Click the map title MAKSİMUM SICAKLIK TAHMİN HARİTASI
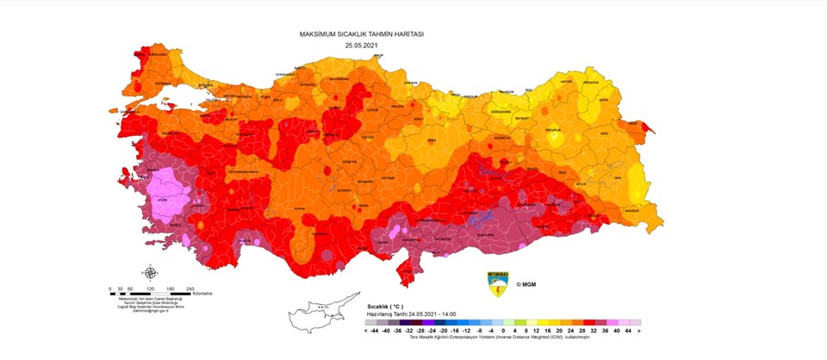362,34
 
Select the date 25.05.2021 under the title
362,44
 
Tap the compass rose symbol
151,275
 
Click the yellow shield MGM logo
498,284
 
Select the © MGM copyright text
526,283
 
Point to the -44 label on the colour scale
373,330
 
